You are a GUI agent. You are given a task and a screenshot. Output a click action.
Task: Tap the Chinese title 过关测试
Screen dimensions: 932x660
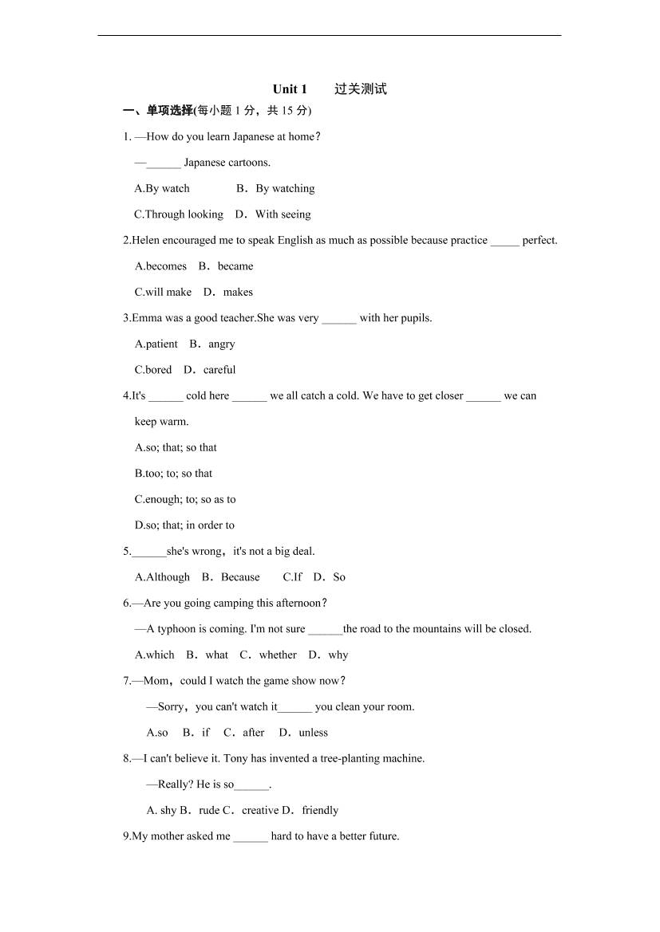(x=361, y=89)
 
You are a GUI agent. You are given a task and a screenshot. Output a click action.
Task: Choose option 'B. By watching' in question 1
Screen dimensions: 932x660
(x=275, y=189)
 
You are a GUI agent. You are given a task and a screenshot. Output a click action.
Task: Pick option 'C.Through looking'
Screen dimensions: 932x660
(x=179, y=214)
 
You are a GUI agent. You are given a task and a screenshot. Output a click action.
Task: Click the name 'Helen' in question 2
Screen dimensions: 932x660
(x=145, y=241)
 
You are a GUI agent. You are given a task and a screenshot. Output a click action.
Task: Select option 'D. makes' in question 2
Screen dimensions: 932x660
(x=228, y=293)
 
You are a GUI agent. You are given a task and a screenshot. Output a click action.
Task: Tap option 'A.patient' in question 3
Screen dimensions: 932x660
(x=156, y=344)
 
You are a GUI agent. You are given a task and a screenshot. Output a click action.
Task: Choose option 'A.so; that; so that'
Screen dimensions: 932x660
(x=176, y=448)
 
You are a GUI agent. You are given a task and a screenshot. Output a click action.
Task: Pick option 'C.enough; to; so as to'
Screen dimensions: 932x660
(x=185, y=500)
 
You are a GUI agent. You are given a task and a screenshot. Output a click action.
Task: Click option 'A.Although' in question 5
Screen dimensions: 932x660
(x=163, y=577)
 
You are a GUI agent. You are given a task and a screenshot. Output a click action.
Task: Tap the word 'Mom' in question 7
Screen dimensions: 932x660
(x=156, y=681)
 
